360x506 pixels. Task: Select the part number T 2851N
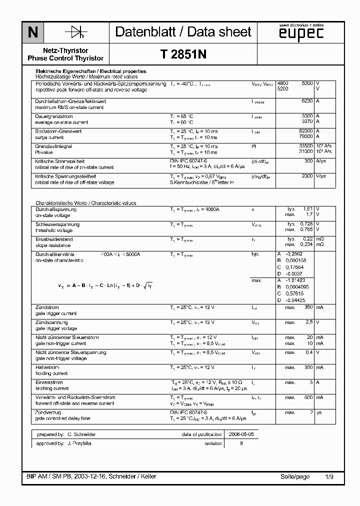183,55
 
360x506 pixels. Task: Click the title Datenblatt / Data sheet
183,32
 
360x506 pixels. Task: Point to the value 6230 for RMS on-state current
305,101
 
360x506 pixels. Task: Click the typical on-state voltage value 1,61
307,209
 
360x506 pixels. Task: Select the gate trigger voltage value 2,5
309,322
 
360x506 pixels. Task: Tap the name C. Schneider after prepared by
81,434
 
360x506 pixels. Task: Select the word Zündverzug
47,412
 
